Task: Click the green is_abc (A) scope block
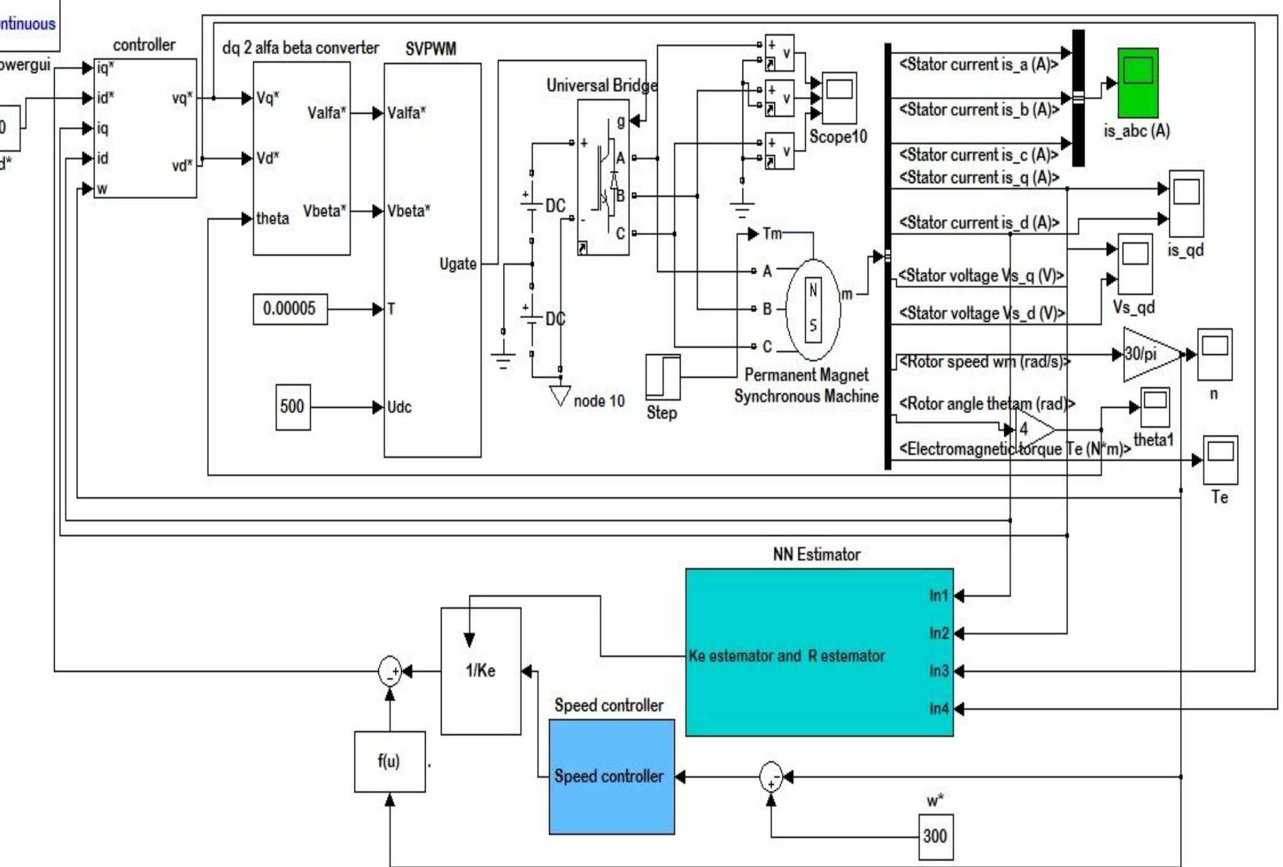tap(1137, 83)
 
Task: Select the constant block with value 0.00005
tap(289, 308)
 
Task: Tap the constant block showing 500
tap(292, 406)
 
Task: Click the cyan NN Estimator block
tap(819, 652)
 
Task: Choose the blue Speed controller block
tap(611, 777)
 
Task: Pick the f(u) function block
tap(389, 761)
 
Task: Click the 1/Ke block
tap(481, 671)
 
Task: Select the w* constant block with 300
tap(935, 836)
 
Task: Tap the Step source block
tap(663, 376)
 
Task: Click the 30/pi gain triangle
tap(1146, 354)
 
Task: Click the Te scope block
tap(1220, 460)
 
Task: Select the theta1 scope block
tap(1155, 407)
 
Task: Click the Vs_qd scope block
tap(1134, 263)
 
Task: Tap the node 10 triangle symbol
tap(560, 394)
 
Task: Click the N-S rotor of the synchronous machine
tap(813, 309)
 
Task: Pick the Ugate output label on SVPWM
tap(458, 264)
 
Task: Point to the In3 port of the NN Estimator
tap(938, 671)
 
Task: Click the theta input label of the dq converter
tap(273, 219)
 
